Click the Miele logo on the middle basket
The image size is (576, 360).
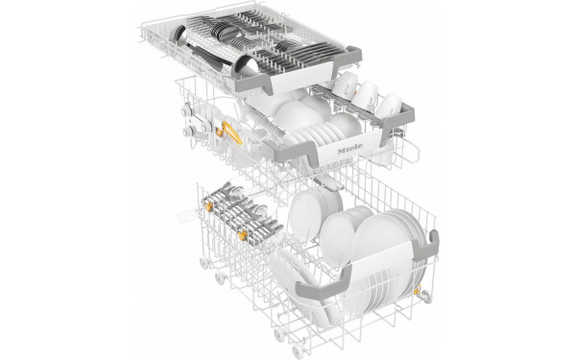[x=349, y=149]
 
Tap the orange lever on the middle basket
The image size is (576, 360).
[x=229, y=133]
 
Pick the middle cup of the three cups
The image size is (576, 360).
[x=366, y=94]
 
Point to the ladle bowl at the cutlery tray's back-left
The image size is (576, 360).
[x=178, y=35]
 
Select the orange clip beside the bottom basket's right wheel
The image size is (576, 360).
[x=417, y=292]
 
